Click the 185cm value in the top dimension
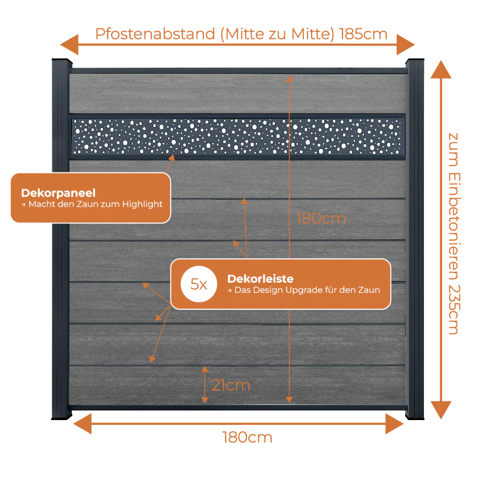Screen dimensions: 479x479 tap(363, 34)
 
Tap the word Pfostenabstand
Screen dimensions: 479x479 tap(155, 34)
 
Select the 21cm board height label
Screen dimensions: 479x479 tap(231, 385)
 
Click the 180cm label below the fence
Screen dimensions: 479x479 tap(247, 437)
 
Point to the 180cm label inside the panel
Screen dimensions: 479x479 tap(321, 219)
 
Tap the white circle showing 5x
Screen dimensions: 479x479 tap(199, 284)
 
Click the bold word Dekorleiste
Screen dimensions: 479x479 tap(260, 279)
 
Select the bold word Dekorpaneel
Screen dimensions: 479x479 tap(58, 193)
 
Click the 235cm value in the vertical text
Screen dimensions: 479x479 tap(454, 310)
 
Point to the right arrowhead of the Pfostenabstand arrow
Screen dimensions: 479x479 tap(406, 45)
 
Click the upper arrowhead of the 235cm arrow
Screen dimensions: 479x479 tap(441, 69)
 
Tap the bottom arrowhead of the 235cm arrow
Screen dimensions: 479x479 tap(441, 410)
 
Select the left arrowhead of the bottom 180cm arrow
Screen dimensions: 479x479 tap(82, 424)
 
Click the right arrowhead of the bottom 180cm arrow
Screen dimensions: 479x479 tap(395, 424)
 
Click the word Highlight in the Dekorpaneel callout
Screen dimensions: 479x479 tap(142, 204)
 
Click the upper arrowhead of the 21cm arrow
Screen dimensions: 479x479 tap(205, 369)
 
